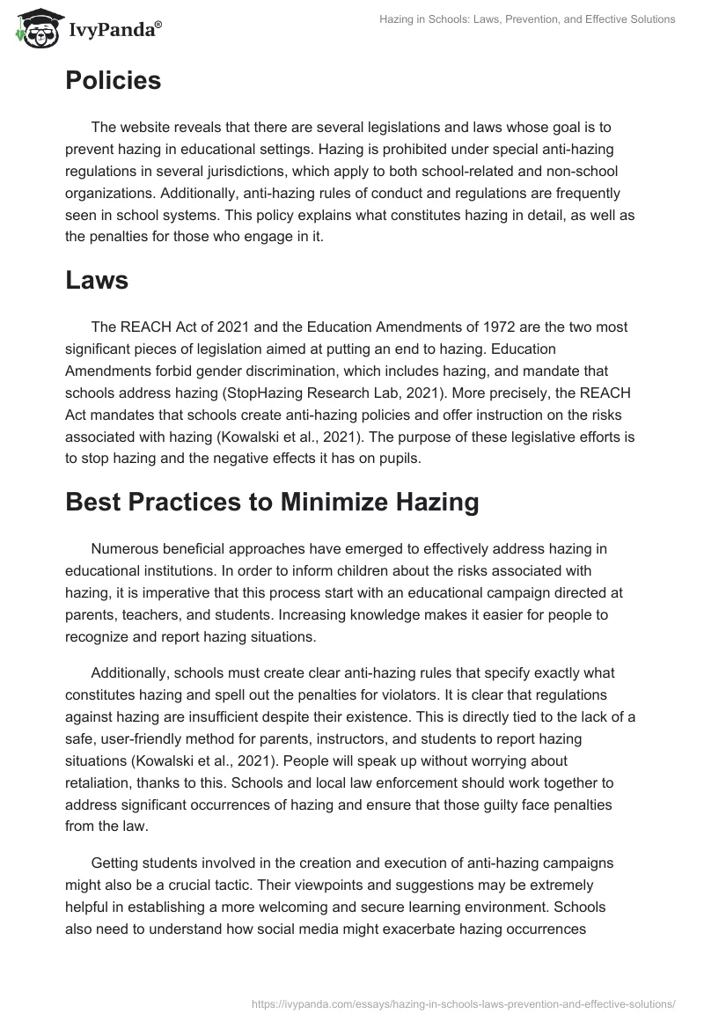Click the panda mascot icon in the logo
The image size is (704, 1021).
[33, 29]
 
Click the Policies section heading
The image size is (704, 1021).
[113, 81]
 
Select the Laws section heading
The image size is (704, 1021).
[97, 281]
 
